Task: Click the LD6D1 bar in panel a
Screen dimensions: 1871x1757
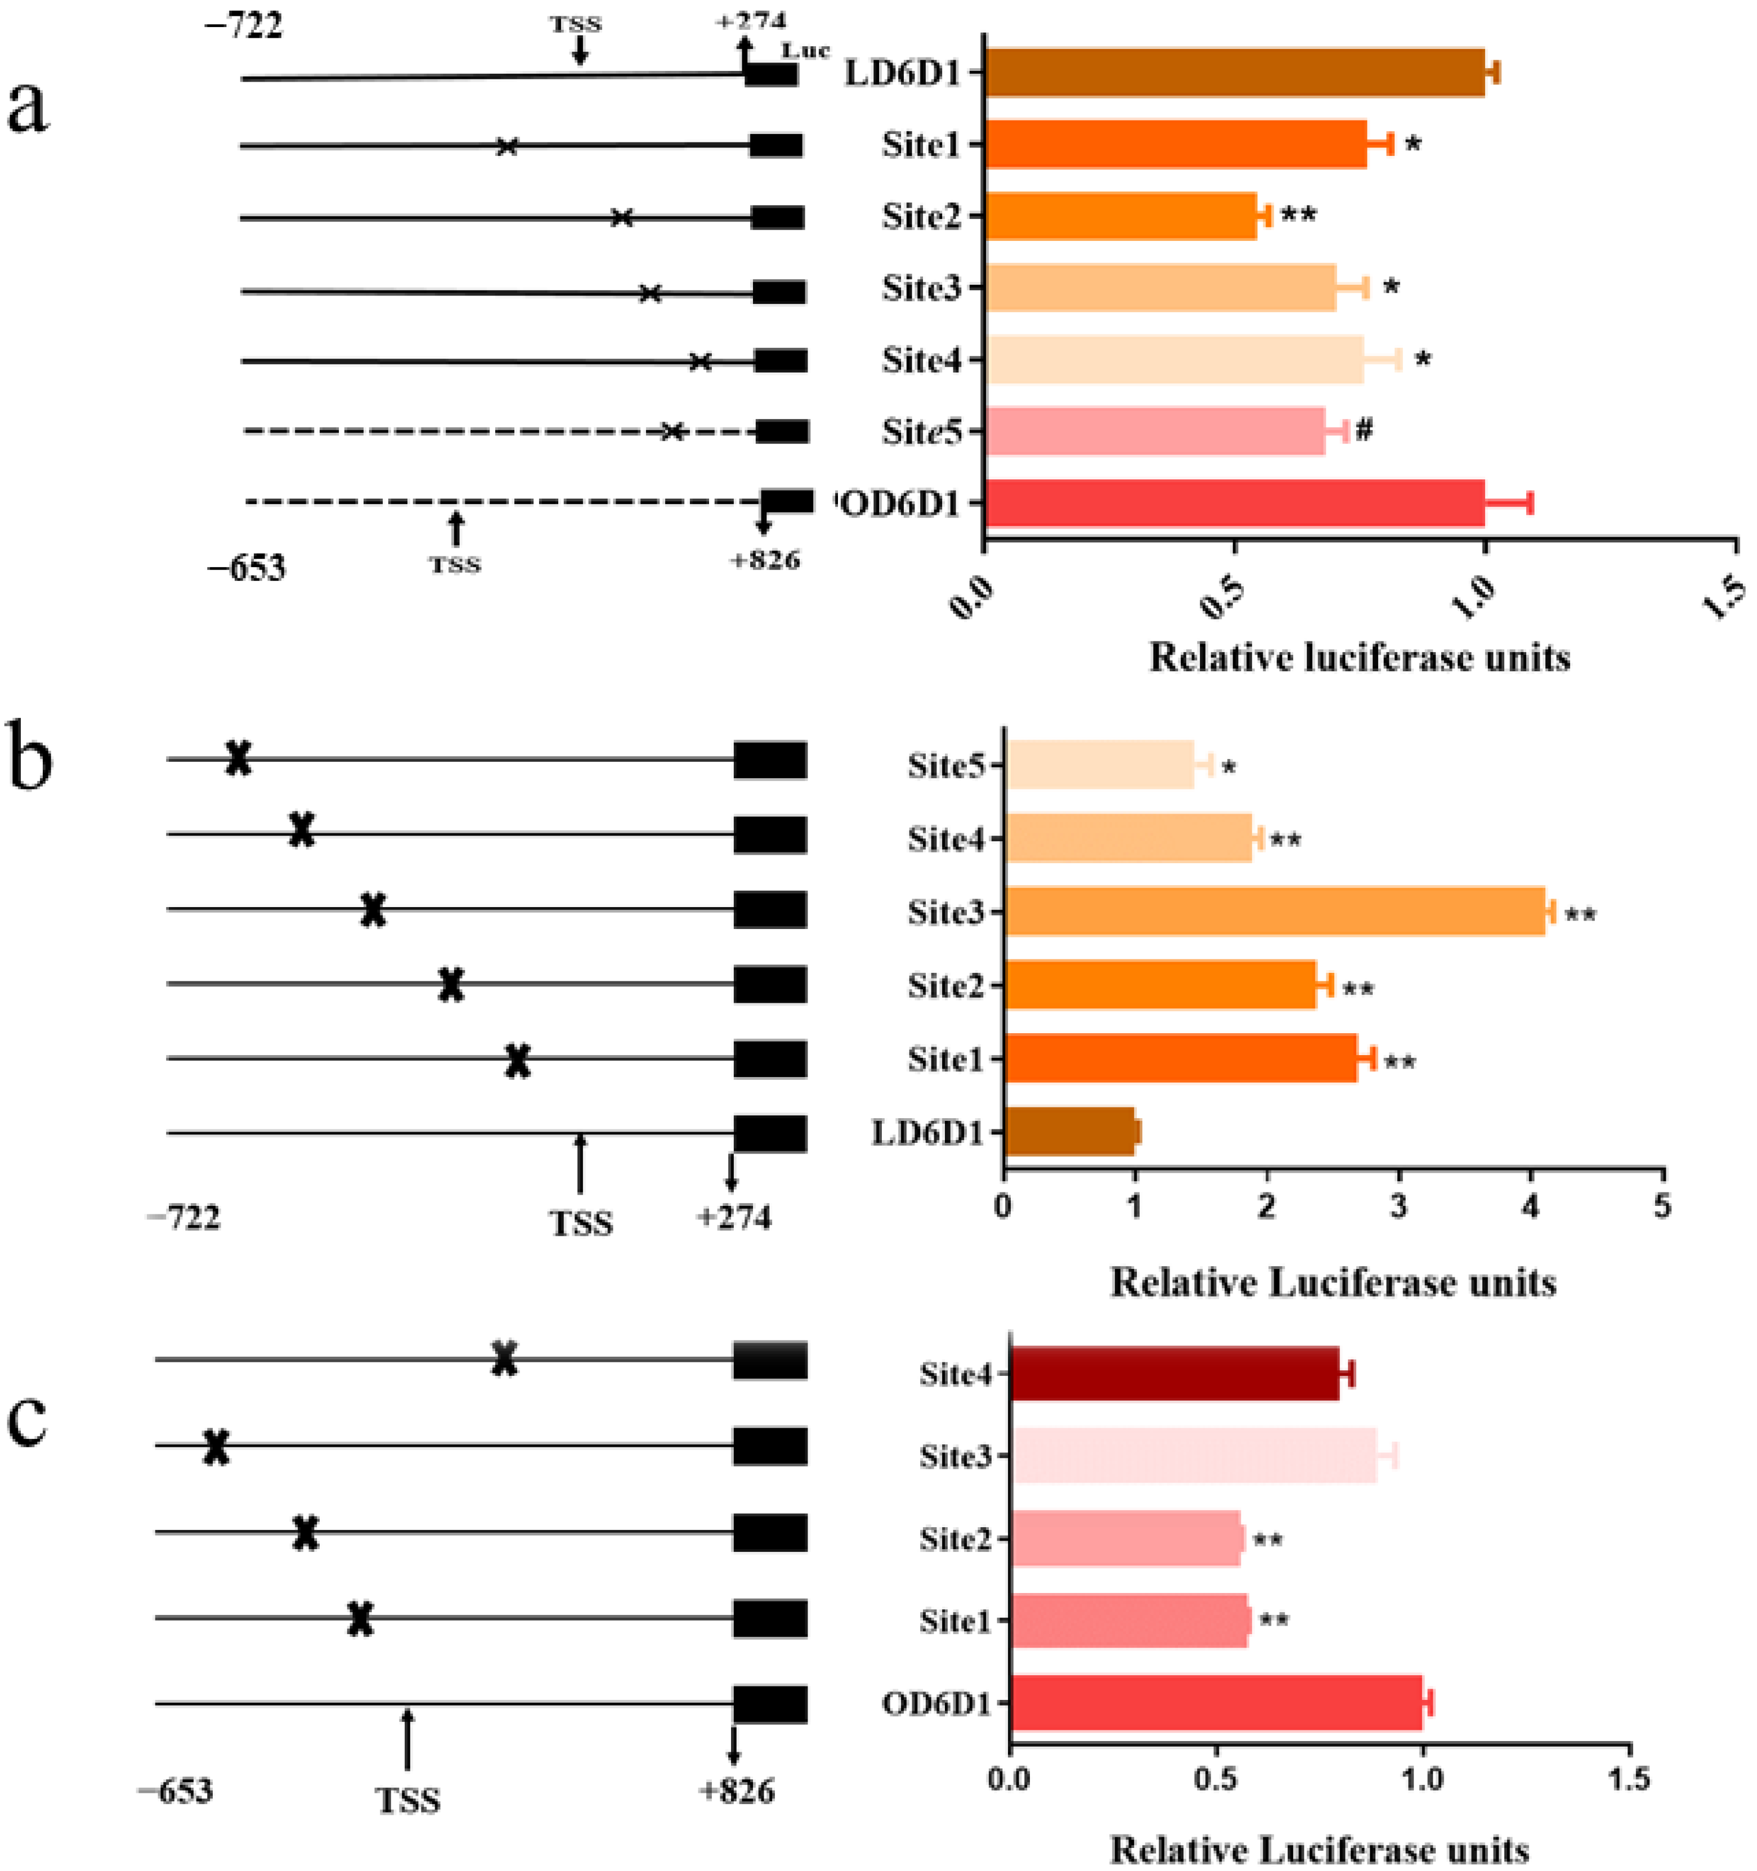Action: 1233,73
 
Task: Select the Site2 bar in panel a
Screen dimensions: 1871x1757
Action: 1120,217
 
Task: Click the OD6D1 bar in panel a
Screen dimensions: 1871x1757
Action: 1233,502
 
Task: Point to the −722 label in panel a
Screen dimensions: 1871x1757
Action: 243,25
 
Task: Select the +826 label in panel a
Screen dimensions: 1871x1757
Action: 765,561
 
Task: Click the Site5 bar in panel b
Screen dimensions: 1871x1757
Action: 1099,764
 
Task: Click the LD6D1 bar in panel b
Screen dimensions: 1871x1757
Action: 1069,1131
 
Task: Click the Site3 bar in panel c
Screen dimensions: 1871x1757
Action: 1193,1456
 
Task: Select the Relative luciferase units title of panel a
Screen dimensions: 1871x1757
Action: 1359,658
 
